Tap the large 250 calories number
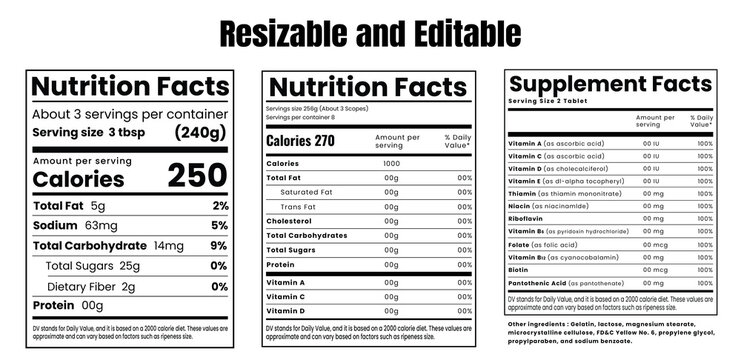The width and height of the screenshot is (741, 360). pos(197,176)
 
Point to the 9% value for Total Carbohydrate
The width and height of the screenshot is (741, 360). pos(220,245)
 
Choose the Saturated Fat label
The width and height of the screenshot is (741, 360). pos(307,191)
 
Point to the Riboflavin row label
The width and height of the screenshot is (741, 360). pos(529,216)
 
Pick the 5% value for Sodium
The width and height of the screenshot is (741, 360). pos(220,225)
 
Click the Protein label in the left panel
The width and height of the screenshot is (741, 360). pos(55,305)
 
